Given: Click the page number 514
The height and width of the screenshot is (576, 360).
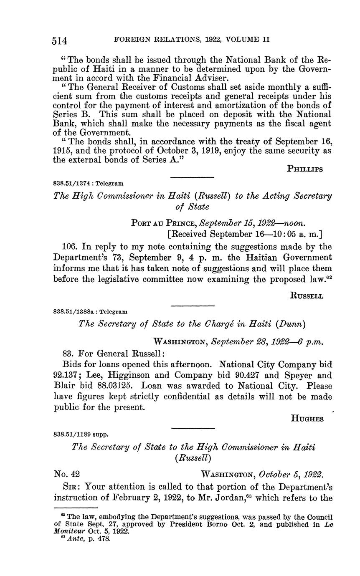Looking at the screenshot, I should (x=61, y=40).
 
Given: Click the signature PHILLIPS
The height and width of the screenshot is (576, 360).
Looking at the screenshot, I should (x=305, y=169).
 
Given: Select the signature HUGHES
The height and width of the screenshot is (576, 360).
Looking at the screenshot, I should (x=307, y=419).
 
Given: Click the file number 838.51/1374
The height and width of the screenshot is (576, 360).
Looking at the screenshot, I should (x=76, y=183).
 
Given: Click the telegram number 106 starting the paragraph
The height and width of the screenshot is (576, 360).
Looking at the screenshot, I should (x=61, y=247).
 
